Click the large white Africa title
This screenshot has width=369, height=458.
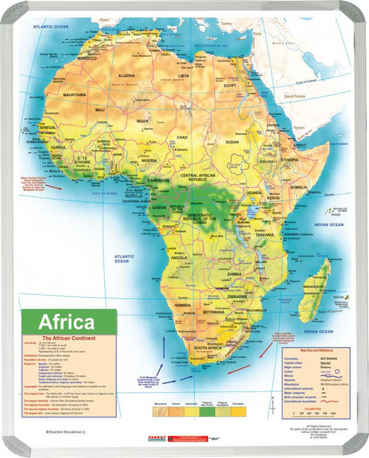pos(66,322)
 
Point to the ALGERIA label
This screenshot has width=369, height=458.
pos(127,75)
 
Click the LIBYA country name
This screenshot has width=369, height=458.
pos(183,75)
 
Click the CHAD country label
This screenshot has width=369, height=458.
pos(182,137)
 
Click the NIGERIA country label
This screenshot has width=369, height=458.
pos(150,160)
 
